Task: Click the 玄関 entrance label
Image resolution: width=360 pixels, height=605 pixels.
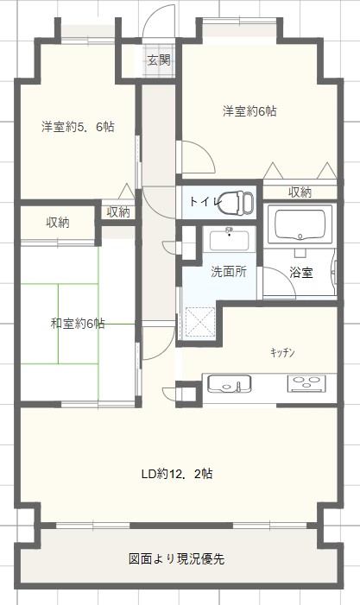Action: click(x=159, y=60)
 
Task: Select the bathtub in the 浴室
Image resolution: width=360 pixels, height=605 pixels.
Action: click(x=300, y=224)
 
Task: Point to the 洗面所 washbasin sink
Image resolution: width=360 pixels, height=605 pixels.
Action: click(x=230, y=239)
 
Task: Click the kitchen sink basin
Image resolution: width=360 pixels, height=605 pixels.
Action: click(x=229, y=384)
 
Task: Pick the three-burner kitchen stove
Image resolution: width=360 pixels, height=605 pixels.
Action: click(x=306, y=384)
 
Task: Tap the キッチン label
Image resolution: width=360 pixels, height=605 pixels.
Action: click(x=282, y=352)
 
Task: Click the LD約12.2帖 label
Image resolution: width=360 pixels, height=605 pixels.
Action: click(x=177, y=474)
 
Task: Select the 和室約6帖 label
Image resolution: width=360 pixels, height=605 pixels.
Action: click(x=78, y=323)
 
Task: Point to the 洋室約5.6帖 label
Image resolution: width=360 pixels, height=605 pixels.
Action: click(x=78, y=127)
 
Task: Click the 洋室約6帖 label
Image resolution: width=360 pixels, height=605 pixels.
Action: click(x=249, y=111)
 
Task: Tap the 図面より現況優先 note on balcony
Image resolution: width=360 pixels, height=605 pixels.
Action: click(x=177, y=558)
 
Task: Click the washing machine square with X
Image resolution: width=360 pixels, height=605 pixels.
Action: click(x=200, y=321)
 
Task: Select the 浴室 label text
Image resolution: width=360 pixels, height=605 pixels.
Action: click(x=301, y=273)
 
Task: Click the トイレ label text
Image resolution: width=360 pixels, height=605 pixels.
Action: click(x=205, y=201)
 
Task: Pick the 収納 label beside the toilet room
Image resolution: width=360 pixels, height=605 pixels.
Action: click(x=300, y=192)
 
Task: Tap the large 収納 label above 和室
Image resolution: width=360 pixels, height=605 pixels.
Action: click(x=58, y=223)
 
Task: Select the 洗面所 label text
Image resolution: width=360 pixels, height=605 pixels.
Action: click(x=229, y=272)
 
